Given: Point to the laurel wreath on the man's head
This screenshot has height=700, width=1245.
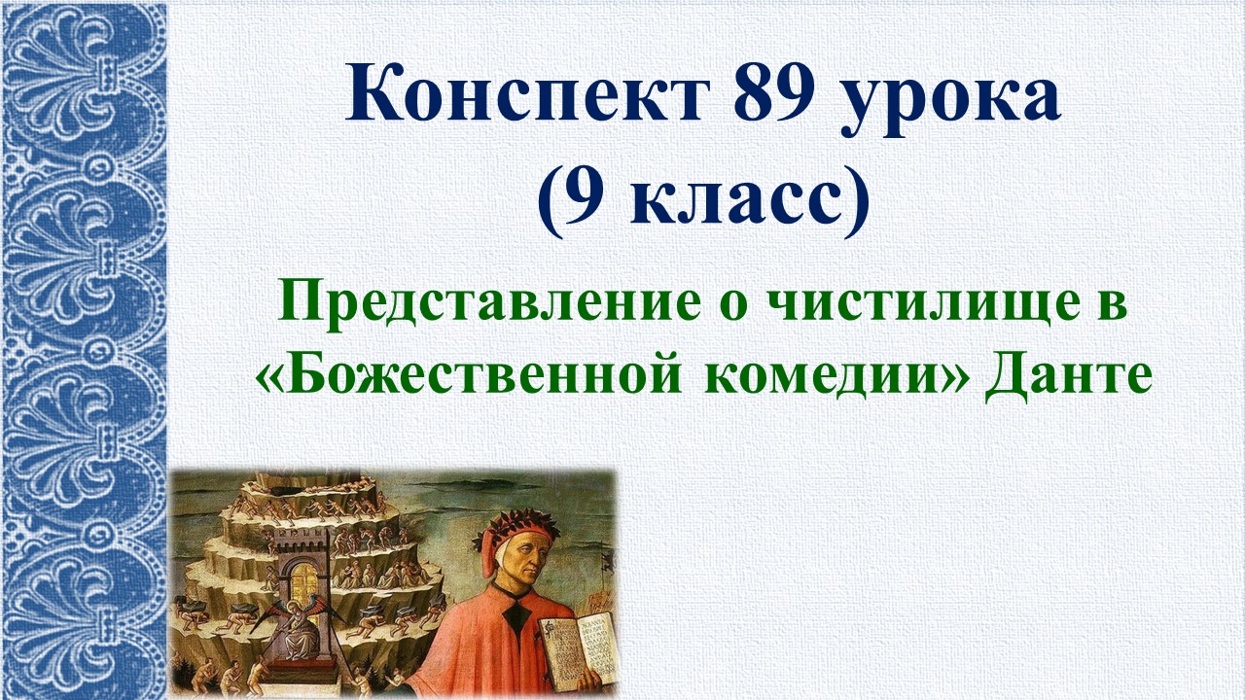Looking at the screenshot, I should click(525, 530).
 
